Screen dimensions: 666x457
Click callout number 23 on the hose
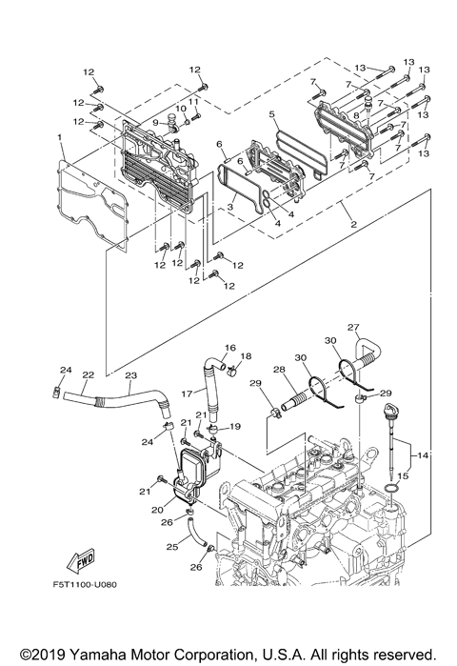pos(130,375)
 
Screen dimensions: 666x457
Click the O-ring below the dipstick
pos(391,493)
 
